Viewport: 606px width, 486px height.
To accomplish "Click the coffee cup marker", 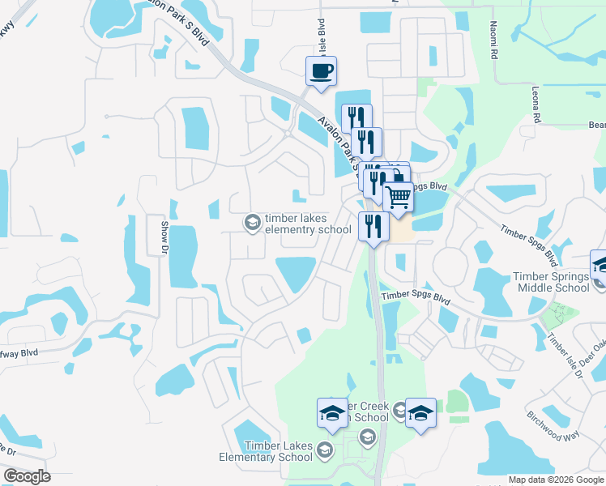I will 321,70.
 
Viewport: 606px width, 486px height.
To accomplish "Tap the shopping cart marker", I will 398,197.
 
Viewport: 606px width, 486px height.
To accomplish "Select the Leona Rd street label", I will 535,101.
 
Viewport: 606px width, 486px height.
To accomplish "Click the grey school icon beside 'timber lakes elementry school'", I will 252,221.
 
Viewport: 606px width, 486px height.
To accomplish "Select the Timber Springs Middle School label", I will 551,282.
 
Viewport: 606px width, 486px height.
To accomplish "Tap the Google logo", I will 27,476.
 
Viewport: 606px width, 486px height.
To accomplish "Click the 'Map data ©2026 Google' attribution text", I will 556,480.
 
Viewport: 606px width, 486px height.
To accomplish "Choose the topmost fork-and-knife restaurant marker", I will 356,118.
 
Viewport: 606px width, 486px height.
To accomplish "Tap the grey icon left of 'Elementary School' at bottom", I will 324,449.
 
